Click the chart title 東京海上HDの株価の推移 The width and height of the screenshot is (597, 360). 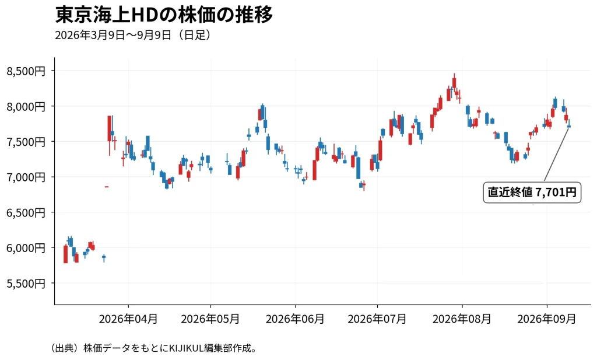click(x=164, y=15)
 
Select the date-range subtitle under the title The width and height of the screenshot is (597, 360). click(x=133, y=35)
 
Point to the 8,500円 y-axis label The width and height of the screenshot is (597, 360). click(x=26, y=71)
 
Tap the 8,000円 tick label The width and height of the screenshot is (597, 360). click(x=26, y=107)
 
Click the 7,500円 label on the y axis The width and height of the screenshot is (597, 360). click(x=26, y=142)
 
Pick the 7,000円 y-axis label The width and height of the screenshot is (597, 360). click(x=26, y=177)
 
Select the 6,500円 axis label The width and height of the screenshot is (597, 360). click(x=26, y=213)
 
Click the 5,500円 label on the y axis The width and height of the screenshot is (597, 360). click(x=26, y=284)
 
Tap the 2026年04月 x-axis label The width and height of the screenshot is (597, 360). click(x=128, y=319)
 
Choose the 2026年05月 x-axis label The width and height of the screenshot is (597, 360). click(x=210, y=319)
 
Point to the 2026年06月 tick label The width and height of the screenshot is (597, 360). click(x=295, y=319)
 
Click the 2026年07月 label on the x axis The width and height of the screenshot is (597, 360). click(x=377, y=319)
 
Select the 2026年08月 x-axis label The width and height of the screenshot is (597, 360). click(x=462, y=319)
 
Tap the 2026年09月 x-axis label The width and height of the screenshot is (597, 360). click(x=547, y=319)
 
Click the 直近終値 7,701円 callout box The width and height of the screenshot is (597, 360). click(x=532, y=193)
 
